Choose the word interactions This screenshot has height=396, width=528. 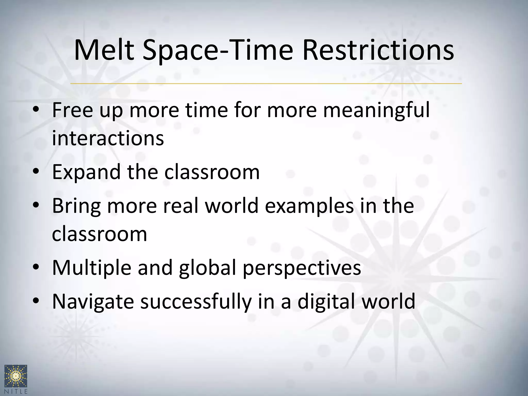[108, 138]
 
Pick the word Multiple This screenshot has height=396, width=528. [92, 268]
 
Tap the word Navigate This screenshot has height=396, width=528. [93, 302]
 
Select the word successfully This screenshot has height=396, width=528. [196, 302]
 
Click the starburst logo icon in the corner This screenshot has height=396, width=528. [16, 375]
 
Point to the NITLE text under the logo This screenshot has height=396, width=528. [16, 391]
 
